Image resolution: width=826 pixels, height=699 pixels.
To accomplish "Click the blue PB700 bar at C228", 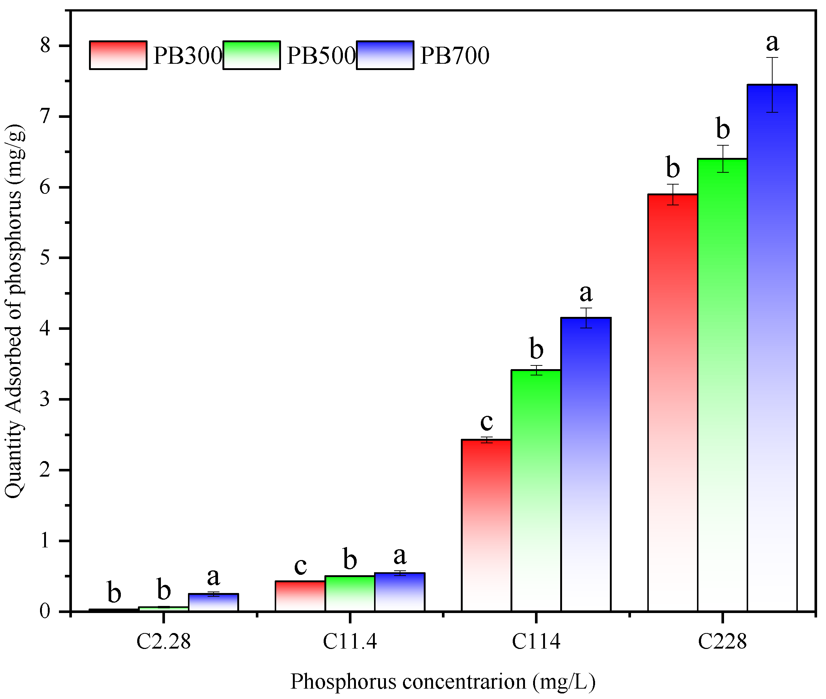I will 772,349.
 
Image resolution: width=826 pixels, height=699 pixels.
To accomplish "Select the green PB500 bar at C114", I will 536,491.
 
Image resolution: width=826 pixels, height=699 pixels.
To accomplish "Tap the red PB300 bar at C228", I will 673,404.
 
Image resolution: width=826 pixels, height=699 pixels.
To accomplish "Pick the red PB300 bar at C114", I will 486,527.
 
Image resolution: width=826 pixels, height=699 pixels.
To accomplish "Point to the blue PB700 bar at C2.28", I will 213,603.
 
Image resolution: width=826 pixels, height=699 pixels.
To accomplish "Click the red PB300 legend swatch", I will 118,55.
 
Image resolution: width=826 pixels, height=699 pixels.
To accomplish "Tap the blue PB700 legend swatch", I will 385,55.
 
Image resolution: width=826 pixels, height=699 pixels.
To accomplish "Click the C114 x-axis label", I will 536,641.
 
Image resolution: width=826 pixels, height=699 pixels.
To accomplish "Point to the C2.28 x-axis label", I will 163,641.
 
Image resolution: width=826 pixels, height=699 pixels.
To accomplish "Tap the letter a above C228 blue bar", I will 772,43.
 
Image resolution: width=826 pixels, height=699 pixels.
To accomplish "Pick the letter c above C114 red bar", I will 486,422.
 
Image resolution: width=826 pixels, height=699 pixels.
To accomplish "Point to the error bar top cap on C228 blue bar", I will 772,57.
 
